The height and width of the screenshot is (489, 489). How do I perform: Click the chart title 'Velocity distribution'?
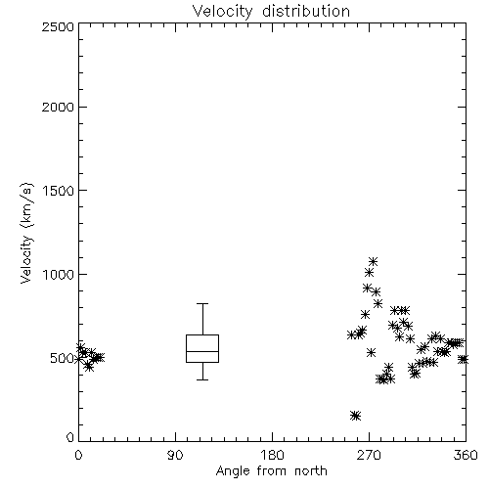click(271, 12)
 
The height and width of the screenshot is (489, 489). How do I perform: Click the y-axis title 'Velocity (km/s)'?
click(26, 234)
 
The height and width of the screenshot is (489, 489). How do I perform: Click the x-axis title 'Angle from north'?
click(271, 471)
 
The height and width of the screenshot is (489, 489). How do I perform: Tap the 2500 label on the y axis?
click(58, 26)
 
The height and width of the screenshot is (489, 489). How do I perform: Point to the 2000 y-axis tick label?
click(58, 107)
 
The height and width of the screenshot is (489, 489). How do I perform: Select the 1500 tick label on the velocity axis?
click(59, 191)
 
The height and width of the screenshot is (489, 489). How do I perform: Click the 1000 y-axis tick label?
click(59, 274)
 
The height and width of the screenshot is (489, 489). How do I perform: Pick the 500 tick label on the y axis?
click(63, 358)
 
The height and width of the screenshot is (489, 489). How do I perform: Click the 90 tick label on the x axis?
click(175, 455)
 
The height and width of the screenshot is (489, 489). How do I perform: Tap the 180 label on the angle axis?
click(272, 455)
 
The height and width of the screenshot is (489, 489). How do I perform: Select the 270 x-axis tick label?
click(369, 455)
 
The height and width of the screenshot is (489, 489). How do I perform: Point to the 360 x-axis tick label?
click(466, 455)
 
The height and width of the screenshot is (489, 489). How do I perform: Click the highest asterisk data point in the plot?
click(373, 261)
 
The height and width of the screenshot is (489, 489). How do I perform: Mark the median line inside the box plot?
click(202, 351)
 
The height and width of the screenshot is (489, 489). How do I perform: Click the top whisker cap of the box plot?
click(202, 304)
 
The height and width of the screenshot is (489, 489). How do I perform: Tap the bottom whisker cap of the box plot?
click(202, 379)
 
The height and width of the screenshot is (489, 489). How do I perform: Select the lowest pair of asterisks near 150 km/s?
click(356, 416)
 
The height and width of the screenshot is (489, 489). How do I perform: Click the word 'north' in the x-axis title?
click(311, 471)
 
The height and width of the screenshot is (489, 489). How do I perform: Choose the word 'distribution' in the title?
click(306, 12)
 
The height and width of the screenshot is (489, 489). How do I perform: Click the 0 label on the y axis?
click(70, 437)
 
